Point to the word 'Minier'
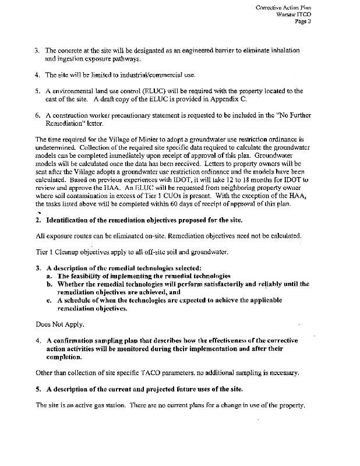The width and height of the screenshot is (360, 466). [x=126, y=140]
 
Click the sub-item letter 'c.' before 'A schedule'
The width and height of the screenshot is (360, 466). [x=50, y=300]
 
